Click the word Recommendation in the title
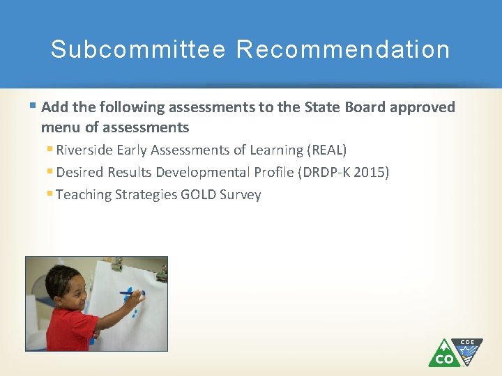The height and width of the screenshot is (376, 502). (343, 50)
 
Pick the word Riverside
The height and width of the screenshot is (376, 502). (85, 150)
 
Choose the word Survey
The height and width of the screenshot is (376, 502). (241, 194)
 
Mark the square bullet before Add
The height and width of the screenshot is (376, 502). (33, 107)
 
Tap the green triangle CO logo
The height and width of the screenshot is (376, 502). (443, 354)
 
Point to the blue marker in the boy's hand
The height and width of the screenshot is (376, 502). (131, 293)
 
